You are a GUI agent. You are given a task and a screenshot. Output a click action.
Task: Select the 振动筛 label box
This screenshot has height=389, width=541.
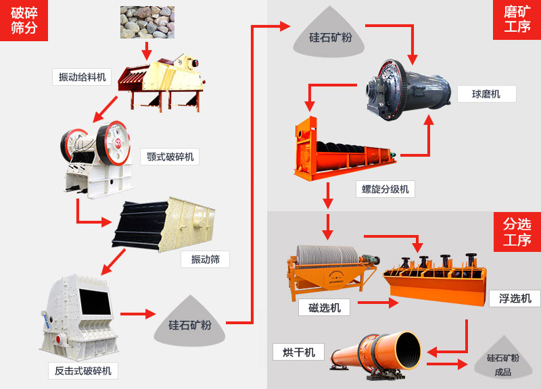[x=205, y=259]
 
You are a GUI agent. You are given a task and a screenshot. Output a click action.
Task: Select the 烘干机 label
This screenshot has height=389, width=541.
[x=298, y=352]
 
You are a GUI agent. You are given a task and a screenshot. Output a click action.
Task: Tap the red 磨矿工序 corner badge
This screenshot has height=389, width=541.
[x=517, y=20]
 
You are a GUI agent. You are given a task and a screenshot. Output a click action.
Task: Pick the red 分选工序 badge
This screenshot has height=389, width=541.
[x=517, y=231]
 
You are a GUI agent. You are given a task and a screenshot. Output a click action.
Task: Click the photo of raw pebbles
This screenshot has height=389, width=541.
[x=147, y=22]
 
